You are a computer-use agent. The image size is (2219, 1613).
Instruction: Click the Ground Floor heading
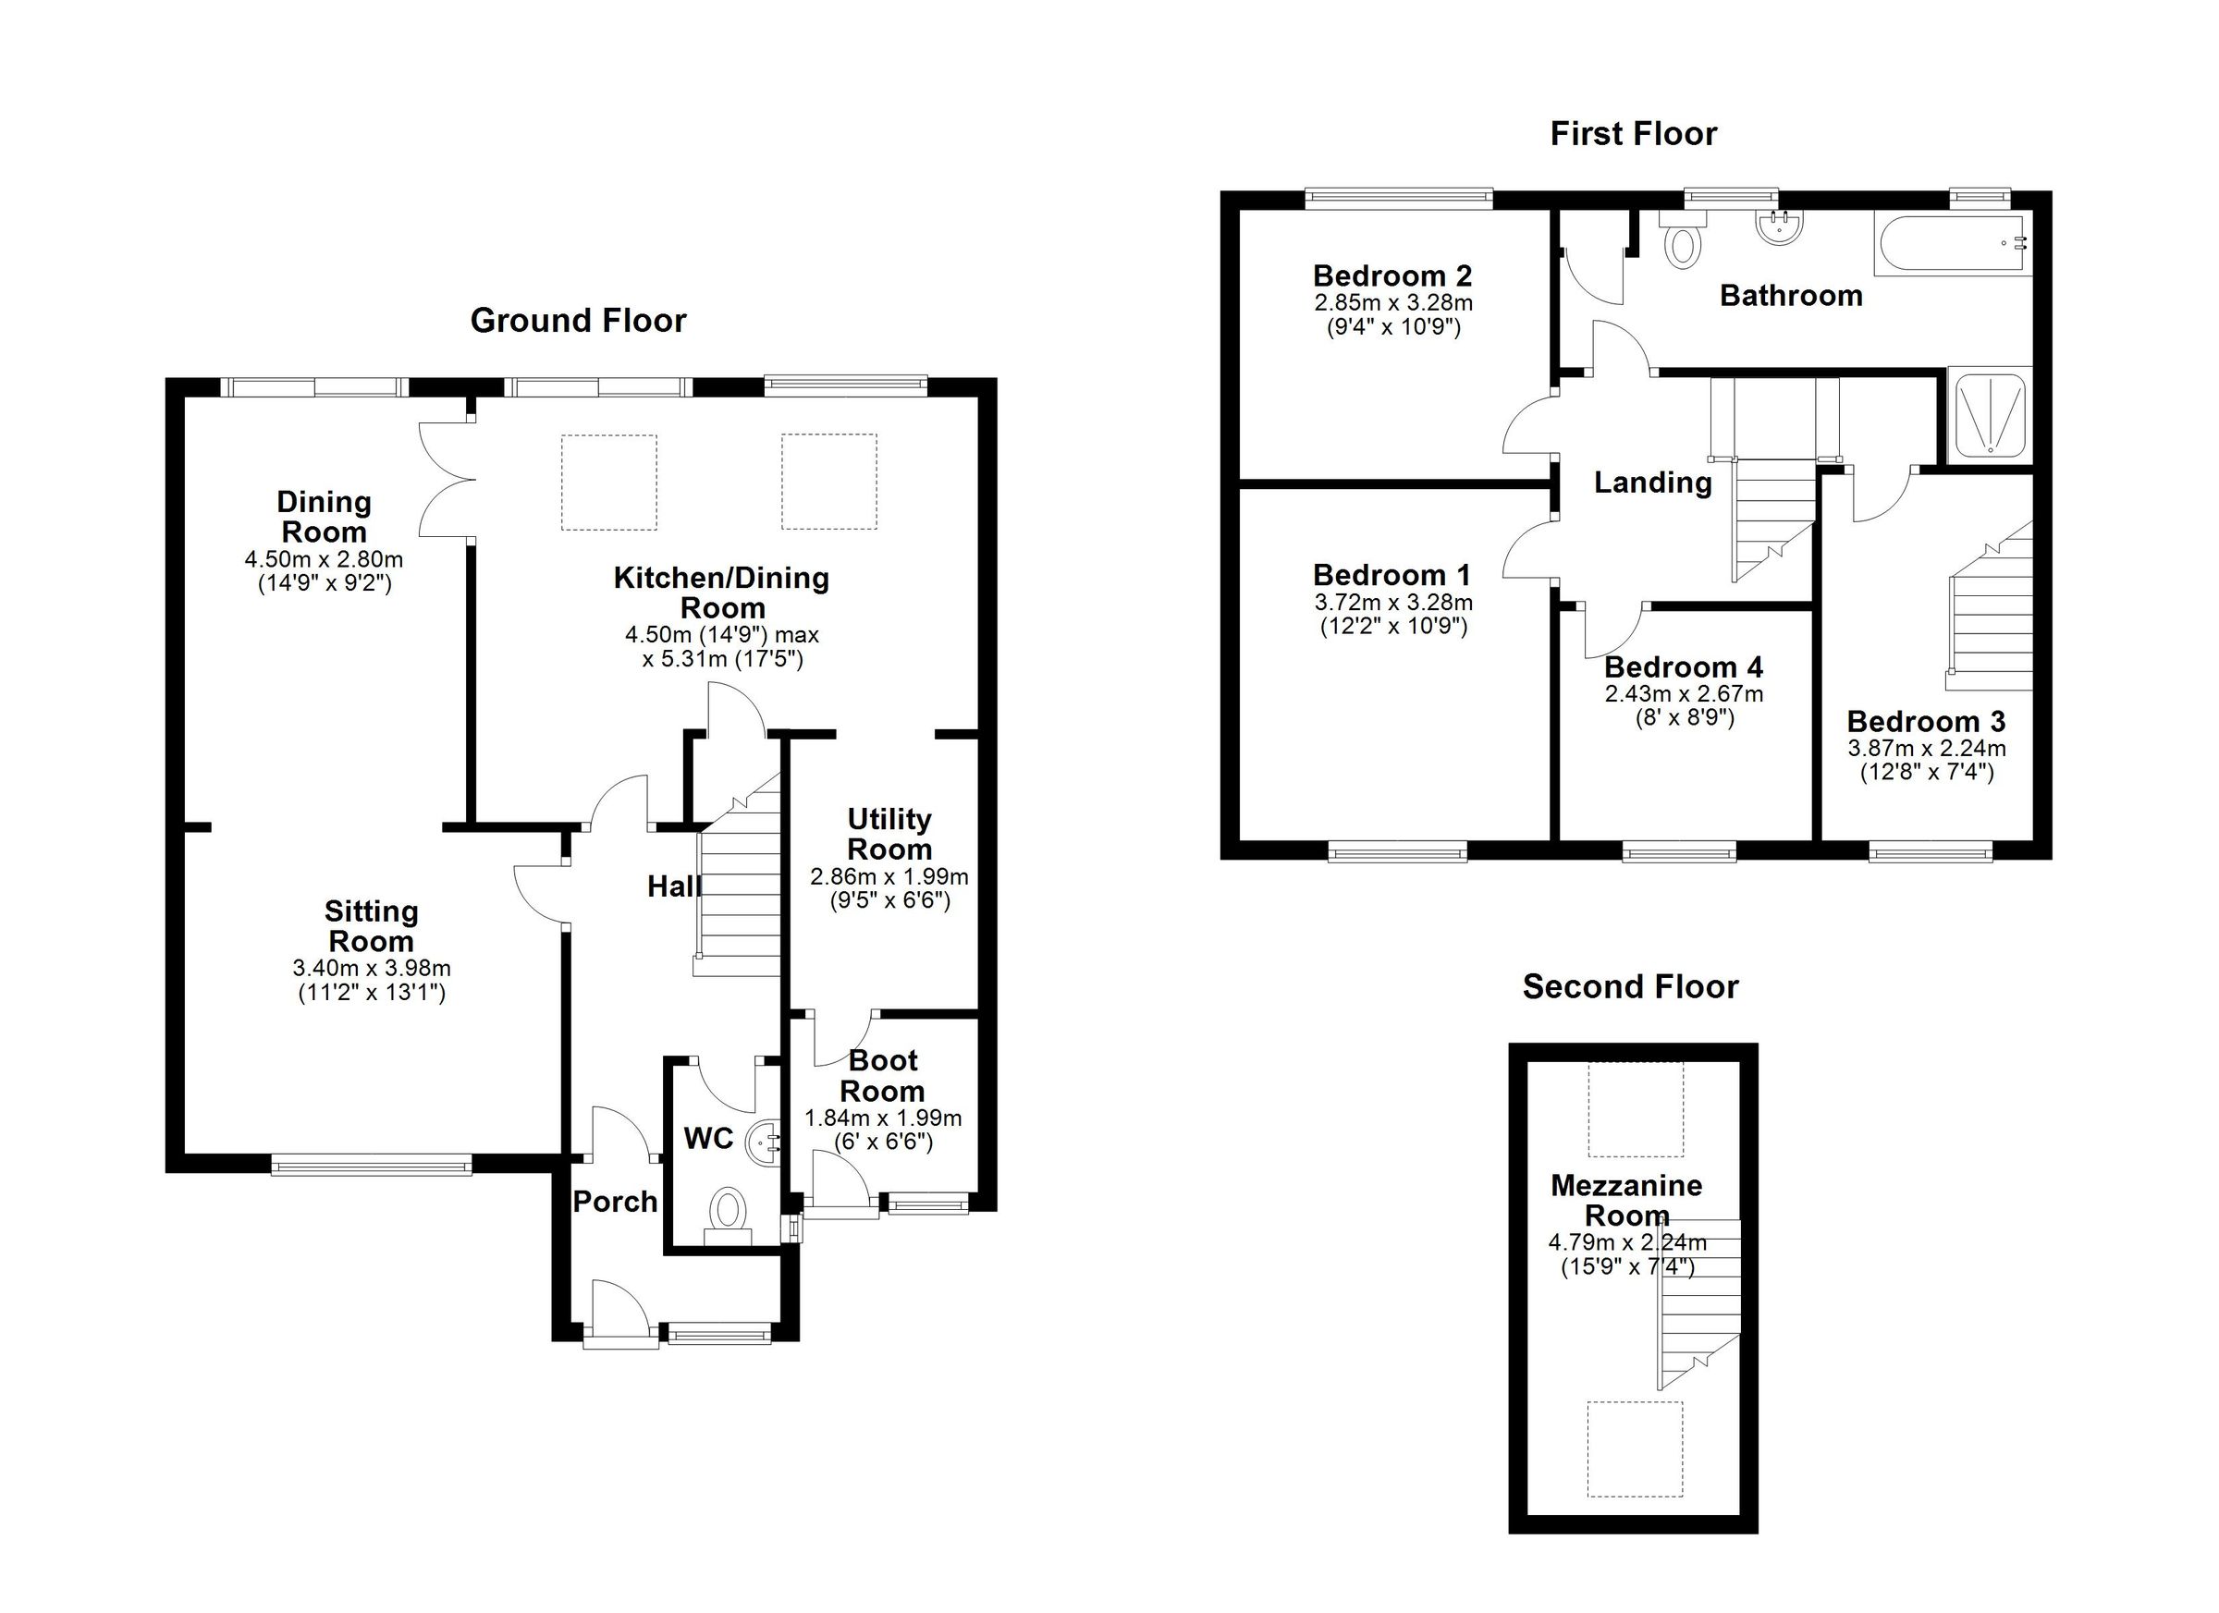click(x=577, y=321)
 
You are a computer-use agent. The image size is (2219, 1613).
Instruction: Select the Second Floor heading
click(x=1630, y=987)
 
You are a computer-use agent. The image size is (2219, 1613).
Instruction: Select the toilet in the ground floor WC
click(x=727, y=1213)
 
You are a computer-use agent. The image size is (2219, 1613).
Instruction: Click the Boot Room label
click(x=882, y=1075)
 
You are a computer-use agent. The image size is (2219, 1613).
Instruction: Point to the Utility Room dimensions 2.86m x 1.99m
click(x=889, y=877)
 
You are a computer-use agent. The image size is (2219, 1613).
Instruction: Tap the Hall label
click(x=673, y=886)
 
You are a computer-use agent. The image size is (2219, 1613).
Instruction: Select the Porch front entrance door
click(x=620, y=1313)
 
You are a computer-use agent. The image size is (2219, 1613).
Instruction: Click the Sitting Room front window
click(x=371, y=1164)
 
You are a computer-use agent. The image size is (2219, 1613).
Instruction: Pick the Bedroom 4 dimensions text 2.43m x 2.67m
click(x=1684, y=694)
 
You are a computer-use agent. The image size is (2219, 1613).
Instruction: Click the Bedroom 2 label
click(x=1392, y=275)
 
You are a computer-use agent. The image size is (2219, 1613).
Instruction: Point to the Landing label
click(x=1652, y=483)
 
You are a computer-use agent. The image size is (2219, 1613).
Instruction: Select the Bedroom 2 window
click(x=1399, y=200)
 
